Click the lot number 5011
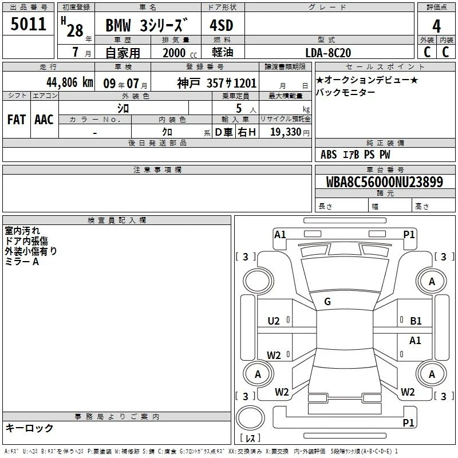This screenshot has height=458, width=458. click(x=29, y=24)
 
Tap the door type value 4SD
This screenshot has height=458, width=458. click(x=222, y=25)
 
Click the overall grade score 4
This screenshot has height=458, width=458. click(x=436, y=26)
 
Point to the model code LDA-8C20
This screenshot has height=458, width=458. click(x=328, y=53)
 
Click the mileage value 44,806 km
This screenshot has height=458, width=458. click(x=70, y=82)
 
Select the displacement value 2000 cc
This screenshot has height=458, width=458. click(x=180, y=53)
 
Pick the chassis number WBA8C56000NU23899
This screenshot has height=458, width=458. click(x=385, y=182)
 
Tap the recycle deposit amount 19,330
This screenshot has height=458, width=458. click(x=286, y=132)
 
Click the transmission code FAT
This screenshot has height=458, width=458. click(x=17, y=120)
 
